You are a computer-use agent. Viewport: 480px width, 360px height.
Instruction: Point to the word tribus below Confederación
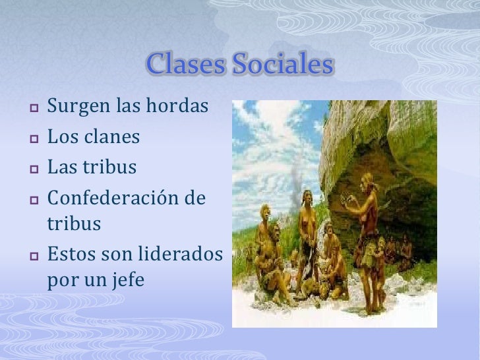pyautogui.click(x=74, y=224)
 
